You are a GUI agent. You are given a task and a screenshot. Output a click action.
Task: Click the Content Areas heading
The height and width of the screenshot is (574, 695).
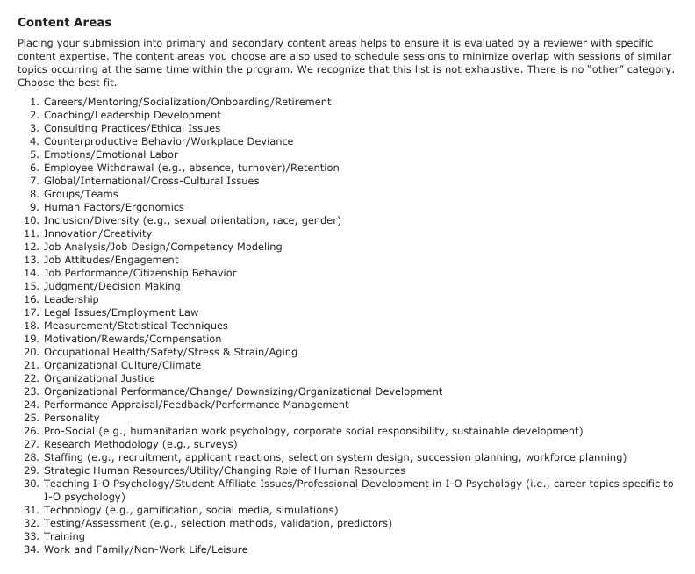(64, 21)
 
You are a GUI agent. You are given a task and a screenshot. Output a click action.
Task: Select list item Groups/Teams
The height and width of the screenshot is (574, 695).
(81, 194)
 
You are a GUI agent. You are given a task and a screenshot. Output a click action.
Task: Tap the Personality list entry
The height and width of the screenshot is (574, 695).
(72, 418)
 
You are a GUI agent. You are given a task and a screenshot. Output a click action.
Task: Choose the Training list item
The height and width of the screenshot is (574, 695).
(64, 536)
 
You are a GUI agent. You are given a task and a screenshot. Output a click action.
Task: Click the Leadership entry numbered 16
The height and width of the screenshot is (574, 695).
(71, 299)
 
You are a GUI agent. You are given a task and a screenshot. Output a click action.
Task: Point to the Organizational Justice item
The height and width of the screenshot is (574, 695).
(99, 378)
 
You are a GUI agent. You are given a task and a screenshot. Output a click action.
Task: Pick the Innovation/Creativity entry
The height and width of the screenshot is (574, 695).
(97, 233)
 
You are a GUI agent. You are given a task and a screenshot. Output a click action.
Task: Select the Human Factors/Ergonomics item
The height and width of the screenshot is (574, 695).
(114, 207)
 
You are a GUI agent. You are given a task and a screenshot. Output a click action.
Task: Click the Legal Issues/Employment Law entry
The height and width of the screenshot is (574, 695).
(121, 312)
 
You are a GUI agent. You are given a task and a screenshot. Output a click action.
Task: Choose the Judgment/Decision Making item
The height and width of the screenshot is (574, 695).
(111, 286)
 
